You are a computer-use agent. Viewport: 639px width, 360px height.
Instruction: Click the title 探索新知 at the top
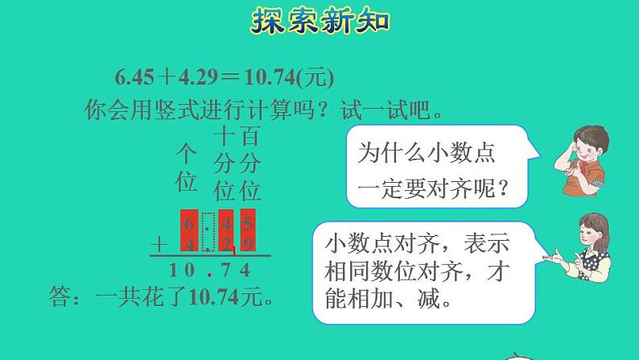(x=320, y=20)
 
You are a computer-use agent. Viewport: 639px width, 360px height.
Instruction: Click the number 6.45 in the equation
(x=135, y=77)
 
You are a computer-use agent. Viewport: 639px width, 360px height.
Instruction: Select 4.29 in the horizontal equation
(x=198, y=77)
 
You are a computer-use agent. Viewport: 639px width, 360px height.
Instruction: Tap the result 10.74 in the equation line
(x=270, y=77)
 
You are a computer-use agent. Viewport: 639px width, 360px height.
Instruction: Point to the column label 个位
(x=186, y=168)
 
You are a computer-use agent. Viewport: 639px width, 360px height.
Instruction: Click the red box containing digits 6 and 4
(x=189, y=230)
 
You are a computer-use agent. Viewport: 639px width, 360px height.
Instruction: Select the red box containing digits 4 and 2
(x=226, y=230)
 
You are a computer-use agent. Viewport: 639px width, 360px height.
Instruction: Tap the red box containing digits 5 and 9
(x=248, y=230)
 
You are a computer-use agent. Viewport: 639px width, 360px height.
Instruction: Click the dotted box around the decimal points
(x=208, y=232)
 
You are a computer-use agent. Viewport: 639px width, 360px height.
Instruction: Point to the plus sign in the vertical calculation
(x=159, y=245)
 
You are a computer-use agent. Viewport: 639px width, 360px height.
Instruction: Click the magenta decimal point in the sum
(x=209, y=275)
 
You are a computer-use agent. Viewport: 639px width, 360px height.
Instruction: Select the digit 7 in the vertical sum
(x=226, y=270)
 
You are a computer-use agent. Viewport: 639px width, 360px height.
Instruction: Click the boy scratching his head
(x=582, y=160)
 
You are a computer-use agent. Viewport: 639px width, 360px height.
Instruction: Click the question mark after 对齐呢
(x=503, y=188)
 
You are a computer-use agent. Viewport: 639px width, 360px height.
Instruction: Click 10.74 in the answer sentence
(x=214, y=296)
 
